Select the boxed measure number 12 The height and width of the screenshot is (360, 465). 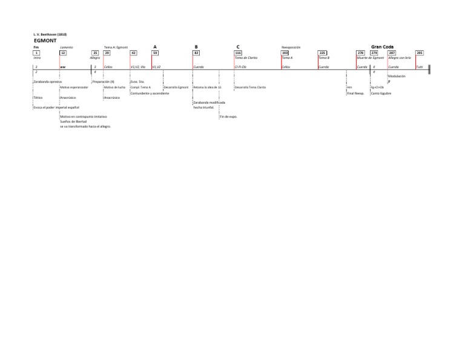[62, 53]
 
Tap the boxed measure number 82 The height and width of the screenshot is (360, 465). [196, 53]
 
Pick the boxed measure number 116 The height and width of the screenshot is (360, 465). [238, 53]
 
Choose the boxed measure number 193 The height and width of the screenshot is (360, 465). [285, 53]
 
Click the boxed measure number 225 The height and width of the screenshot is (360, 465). [323, 53]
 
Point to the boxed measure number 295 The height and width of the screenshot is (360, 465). [420, 53]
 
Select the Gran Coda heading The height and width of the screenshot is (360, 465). [382, 46]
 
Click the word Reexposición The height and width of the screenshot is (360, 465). [291, 47]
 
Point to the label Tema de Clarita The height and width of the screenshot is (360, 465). [246, 58]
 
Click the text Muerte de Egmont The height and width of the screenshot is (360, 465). [370, 58]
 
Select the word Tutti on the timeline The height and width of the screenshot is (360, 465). [420, 67]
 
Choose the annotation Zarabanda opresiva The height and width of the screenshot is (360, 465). [48, 81]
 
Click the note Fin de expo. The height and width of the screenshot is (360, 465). [228, 116]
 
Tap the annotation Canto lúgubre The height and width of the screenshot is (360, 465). [381, 93]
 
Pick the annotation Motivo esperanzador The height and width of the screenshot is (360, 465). [74, 87]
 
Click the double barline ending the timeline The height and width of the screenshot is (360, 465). [429, 68]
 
